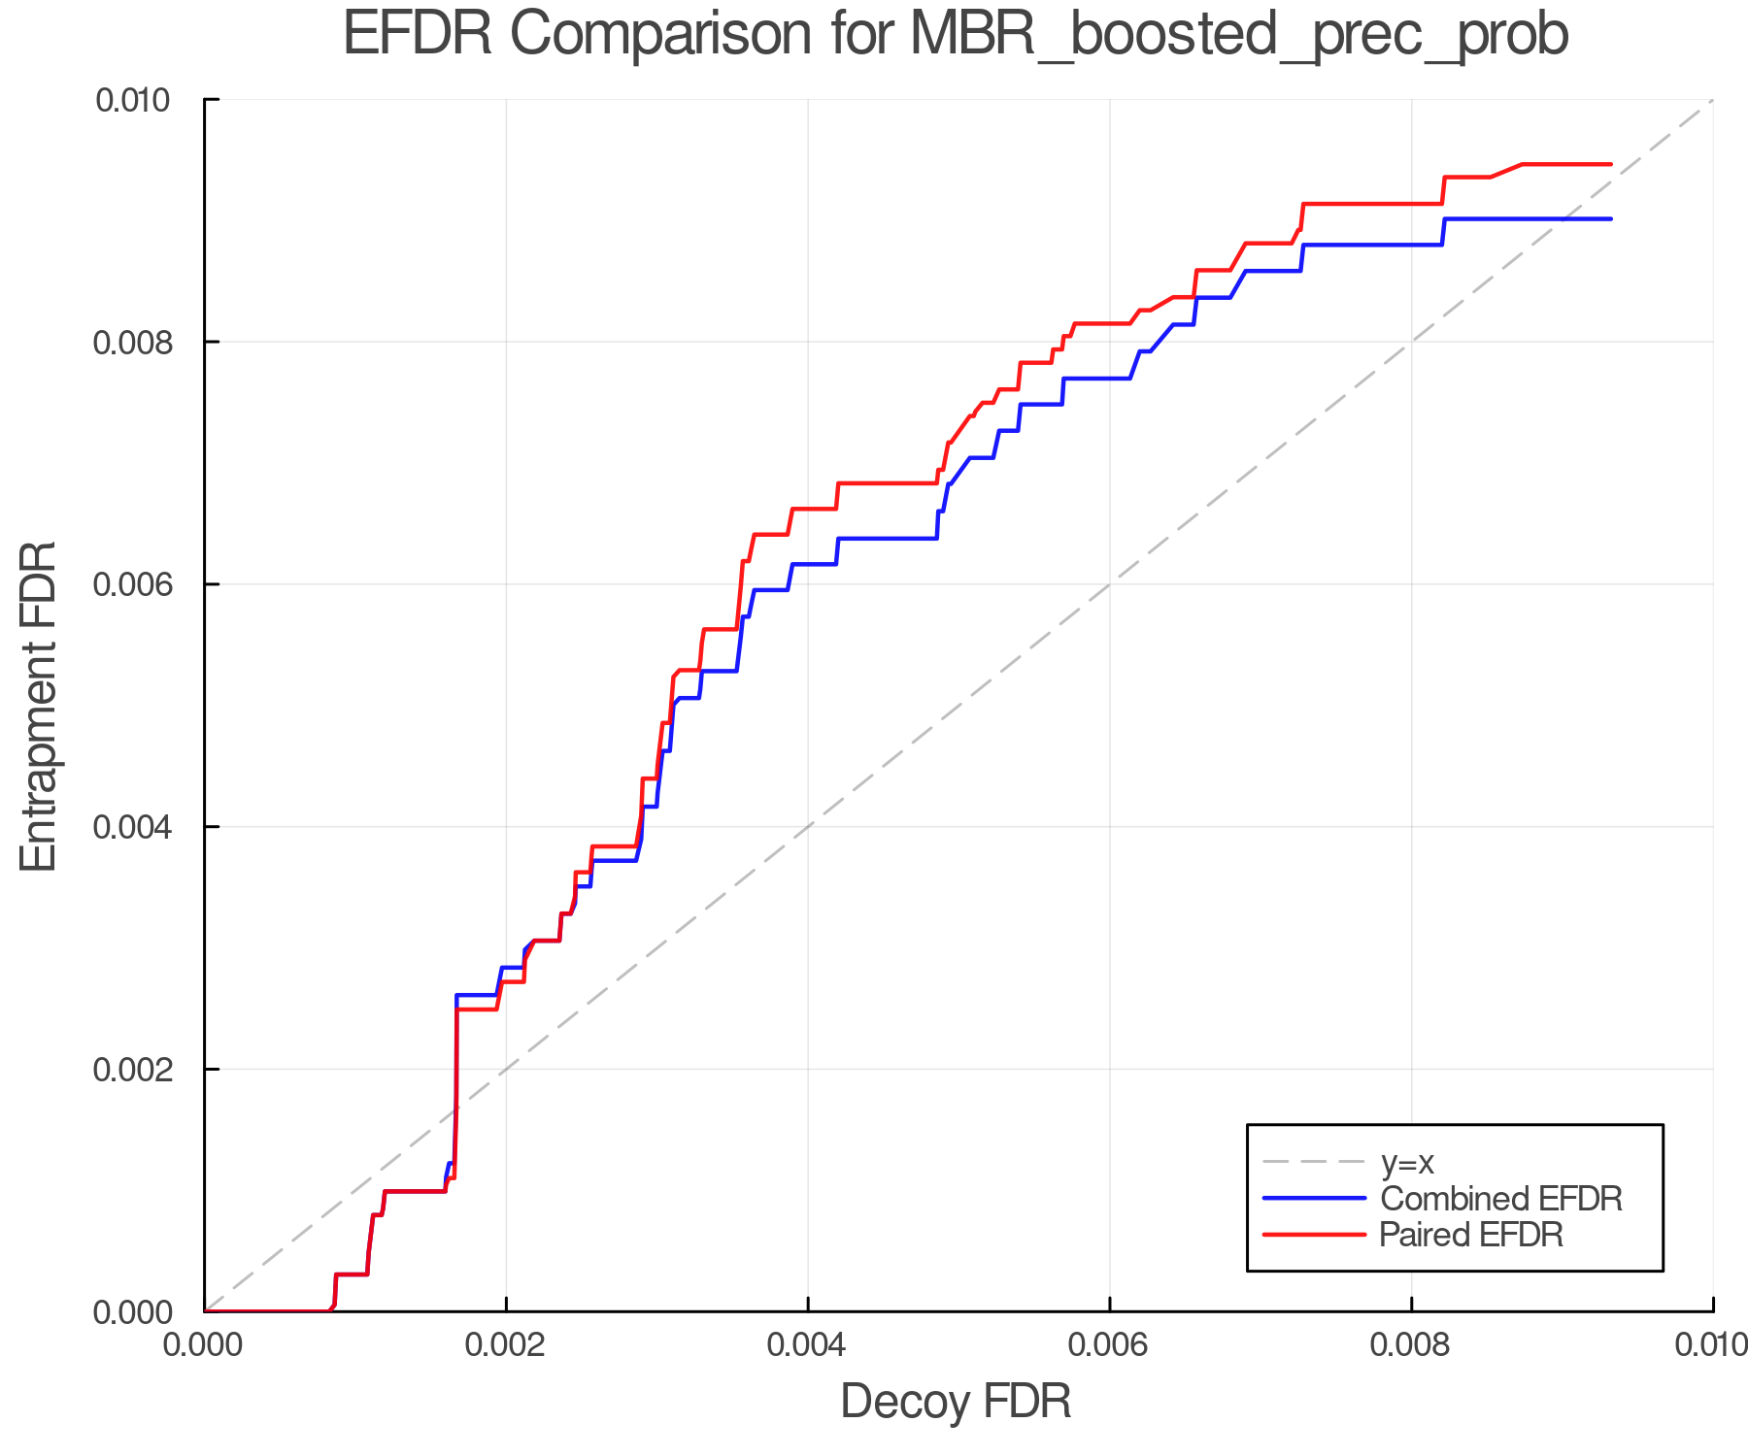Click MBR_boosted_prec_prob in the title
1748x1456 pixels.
pos(1239,36)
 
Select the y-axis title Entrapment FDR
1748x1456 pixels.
pos(39,706)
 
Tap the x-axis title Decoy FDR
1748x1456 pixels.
pos(956,1402)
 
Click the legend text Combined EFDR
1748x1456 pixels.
pos(1501,1199)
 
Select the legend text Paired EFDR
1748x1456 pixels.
pos(1471,1235)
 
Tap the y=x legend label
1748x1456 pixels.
pos(1407,1162)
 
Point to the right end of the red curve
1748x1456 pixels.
pos(1611,164)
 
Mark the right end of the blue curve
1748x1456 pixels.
pos(1611,219)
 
